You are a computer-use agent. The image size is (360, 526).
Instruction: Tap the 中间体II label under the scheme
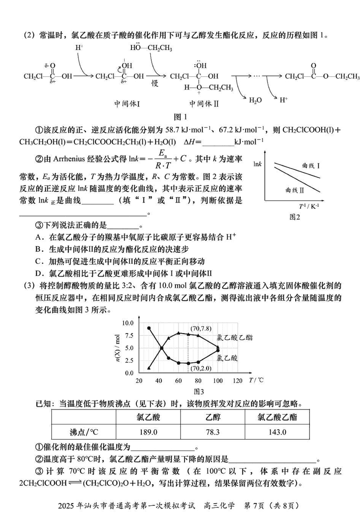point(203,103)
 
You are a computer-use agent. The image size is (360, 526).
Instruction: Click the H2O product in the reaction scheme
point(255,100)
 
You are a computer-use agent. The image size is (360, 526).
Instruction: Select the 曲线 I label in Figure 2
point(311,166)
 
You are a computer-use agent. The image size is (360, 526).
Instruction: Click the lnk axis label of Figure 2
point(258,163)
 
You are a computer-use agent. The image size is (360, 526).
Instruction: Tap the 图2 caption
point(295,217)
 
